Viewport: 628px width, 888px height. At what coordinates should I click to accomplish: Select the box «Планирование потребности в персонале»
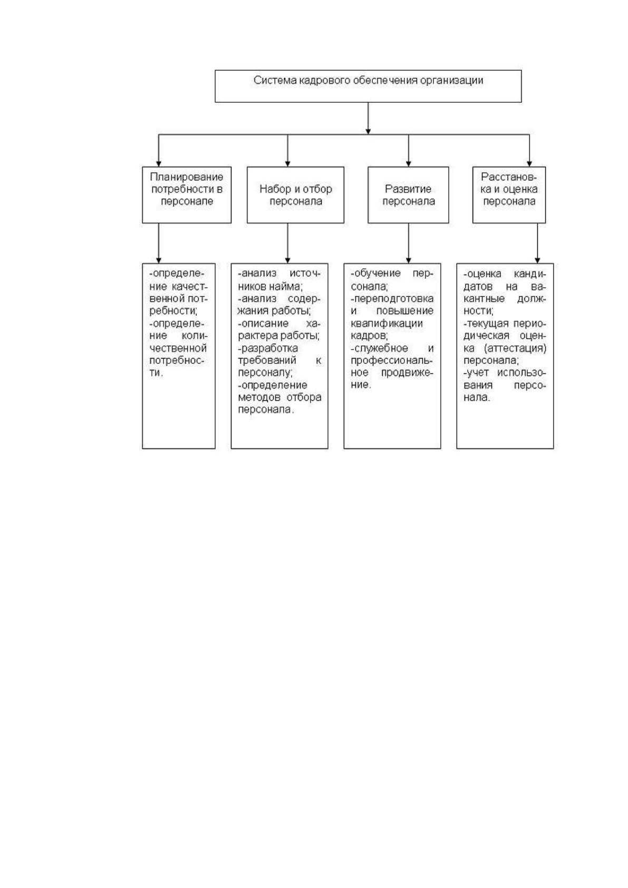[186, 195]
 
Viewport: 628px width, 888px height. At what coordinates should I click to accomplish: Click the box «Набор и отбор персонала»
[295, 195]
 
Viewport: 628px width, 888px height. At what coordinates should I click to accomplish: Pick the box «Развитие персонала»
[408, 195]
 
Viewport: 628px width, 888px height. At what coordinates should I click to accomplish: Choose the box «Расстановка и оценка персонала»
[509, 195]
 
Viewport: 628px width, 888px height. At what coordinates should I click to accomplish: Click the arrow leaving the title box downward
[368, 118]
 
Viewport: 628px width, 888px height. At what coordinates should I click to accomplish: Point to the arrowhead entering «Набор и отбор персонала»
[287, 163]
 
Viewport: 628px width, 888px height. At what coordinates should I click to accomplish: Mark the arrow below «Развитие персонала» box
[408, 243]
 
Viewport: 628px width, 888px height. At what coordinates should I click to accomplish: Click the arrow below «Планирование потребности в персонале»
[159, 243]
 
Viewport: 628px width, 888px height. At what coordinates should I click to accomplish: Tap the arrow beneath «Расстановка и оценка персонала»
[537, 243]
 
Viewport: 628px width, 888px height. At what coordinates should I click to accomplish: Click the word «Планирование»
[186, 177]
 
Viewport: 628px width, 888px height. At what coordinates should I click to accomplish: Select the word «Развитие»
[408, 189]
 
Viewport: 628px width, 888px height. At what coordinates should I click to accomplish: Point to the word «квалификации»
[387, 323]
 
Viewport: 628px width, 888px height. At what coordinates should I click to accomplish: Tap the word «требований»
[267, 361]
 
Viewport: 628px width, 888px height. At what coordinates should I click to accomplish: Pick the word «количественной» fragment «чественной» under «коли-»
[178, 348]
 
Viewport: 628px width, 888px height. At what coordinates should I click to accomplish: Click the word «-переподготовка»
[392, 298]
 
